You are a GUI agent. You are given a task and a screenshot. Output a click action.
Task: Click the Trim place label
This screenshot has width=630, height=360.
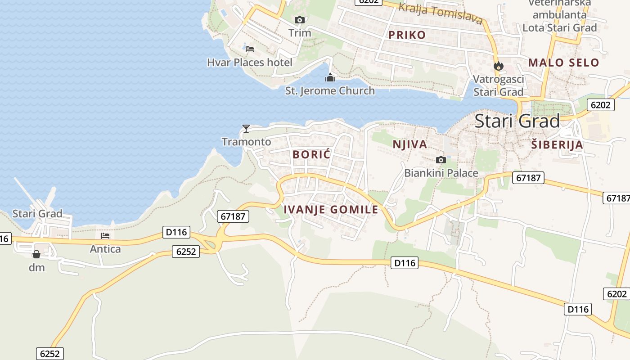click(x=300, y=33)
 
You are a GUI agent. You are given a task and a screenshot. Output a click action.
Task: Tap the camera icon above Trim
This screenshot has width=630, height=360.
click(x=300, y=20)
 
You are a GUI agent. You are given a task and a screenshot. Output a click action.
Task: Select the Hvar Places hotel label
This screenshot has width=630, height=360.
click(x=249, y=62)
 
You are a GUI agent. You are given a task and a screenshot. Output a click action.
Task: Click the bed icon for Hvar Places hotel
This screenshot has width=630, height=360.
click(x=250, y=49)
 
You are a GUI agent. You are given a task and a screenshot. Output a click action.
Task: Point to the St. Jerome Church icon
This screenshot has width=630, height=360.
click(x=330, y=78)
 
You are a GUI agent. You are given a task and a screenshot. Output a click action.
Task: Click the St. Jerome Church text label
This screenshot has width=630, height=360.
click(x=330, y=91)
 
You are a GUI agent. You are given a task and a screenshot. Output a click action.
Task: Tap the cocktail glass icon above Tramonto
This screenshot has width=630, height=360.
click(x=246, y=129)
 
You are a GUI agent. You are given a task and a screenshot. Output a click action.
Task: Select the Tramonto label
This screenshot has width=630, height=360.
click(x=246, y=142)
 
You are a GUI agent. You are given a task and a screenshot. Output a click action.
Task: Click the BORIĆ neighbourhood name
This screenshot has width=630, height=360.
click(x=311, y=154)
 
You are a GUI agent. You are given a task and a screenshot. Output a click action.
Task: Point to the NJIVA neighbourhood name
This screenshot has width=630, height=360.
click(x=409, y=144)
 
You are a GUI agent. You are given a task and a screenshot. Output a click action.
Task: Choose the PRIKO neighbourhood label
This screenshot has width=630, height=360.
click(x=407, y=35)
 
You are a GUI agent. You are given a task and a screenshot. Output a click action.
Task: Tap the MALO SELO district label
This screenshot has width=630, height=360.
click(x=563, y=63)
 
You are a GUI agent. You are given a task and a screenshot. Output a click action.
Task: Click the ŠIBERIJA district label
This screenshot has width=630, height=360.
click(x=557, y=145)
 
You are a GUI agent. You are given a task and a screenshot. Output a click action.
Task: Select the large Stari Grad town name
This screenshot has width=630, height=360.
click(x=517, y=121)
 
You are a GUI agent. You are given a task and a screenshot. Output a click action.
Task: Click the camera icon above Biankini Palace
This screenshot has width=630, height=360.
click(x=441, y=160)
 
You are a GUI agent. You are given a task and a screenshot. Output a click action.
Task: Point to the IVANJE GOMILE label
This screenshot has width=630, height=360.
click(x=331, y=209)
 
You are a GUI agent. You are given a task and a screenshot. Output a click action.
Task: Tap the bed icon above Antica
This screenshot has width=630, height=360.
click(x=105, y=235)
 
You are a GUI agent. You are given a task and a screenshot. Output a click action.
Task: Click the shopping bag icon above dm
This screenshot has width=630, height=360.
click(x=36, y=254)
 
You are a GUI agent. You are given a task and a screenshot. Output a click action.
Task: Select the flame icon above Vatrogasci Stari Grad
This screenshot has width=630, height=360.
click(x=498, y=66)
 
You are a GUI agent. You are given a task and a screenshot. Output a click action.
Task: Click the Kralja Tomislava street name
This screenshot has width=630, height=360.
click(x=441, y=13)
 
